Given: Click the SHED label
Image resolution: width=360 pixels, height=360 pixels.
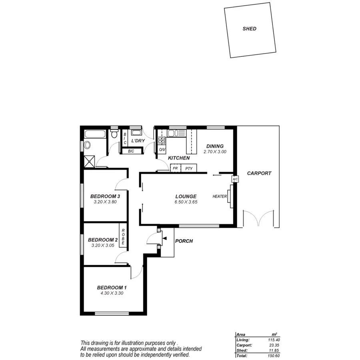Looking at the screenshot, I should [249, 29].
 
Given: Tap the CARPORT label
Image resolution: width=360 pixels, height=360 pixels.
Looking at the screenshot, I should [259, 174].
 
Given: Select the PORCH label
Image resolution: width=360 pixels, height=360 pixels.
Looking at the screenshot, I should [184, 241].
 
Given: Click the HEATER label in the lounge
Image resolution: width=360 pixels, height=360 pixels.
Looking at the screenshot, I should [220, 196].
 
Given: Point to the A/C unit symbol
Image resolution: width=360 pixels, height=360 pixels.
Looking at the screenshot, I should [235, 180].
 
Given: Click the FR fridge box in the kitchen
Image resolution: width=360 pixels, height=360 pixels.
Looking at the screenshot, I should [175, 168].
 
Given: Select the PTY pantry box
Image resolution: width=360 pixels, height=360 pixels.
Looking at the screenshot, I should [189, 168].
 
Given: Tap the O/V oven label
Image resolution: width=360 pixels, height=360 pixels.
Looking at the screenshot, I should [162, 150].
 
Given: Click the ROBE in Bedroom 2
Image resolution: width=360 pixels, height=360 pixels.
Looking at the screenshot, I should [123, 237].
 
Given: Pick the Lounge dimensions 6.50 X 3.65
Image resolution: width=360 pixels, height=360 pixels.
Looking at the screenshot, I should [186, 202].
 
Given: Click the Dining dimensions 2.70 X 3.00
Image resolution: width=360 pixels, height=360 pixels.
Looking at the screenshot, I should [215, 152].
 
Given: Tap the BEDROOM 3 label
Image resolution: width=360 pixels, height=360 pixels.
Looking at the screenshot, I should [105, 196].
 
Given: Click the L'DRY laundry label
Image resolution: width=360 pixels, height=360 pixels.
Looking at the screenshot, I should [138, 141].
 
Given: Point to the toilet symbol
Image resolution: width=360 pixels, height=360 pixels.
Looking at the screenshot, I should [114, 134].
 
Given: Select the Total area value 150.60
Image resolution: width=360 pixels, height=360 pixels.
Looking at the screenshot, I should [272, 355].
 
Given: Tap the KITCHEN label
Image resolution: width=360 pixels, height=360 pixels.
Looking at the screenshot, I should [179, 158].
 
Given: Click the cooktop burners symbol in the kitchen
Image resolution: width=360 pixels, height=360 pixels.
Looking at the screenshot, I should [162, 140].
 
